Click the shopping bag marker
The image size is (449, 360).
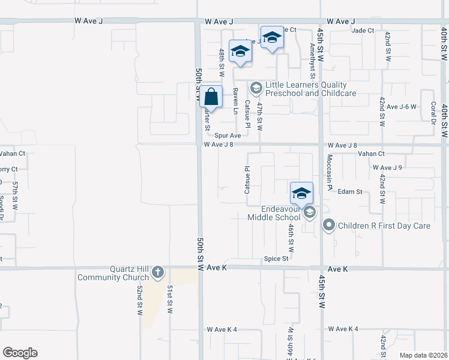(x=211, y=97)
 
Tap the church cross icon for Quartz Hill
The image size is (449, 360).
(x=157, y=273)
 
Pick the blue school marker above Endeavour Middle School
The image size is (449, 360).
(x=301, y=193)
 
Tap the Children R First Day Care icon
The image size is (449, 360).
(x=328, y=226)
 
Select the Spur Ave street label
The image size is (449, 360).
(x=228, y=136)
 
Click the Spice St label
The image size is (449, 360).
(x=277, y=259)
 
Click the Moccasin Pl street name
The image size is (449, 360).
(x=329, y=172)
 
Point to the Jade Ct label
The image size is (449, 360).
(x=363, y=30)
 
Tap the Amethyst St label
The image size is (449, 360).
(x=312, y=60)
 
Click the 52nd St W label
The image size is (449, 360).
(x=139, y=300)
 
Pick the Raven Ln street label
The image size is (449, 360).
(x=235, y=101)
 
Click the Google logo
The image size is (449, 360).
(x=20, y=353)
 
